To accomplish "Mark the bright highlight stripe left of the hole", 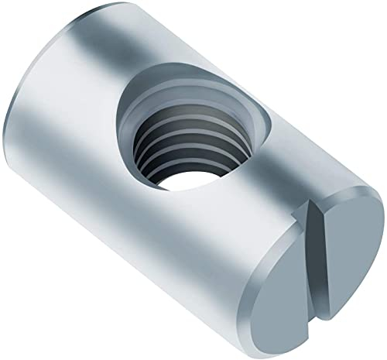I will click(x=85, y=155).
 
